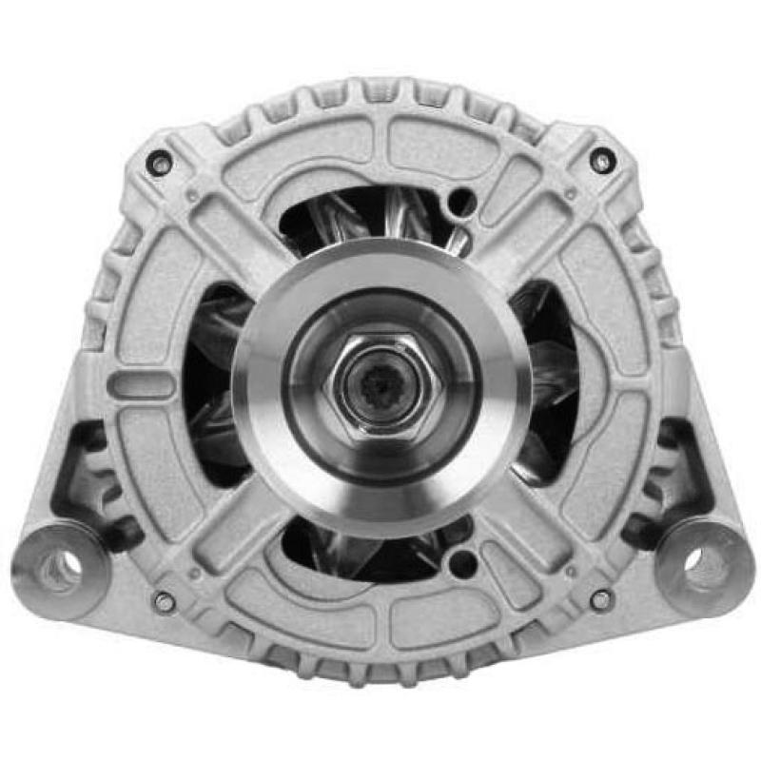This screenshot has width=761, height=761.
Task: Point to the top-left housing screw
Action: (161, 164)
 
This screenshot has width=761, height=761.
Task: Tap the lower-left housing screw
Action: (165, 601)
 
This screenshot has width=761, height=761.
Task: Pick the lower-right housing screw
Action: (600, 599)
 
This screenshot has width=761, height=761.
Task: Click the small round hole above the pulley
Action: (461, 203)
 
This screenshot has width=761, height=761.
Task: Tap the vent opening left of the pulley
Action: (214, 380)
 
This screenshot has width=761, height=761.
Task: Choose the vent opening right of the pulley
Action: (547, 380)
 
